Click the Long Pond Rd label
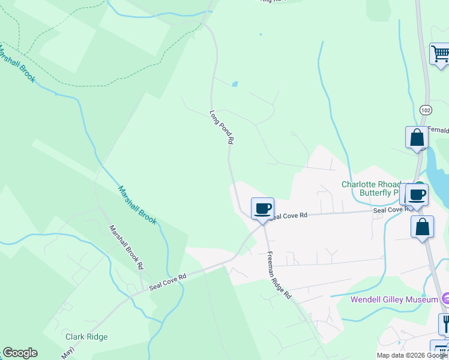coord(221,127)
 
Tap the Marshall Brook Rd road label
coord(126,247)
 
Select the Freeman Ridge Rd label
coord(279,275)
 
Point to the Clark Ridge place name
coord(86,337)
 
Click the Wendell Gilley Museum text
coord(394,299)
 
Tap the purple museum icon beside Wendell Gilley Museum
coord(445,298)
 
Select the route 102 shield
coord(426,110)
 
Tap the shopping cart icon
coord(440,54)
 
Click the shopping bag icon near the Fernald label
coord(417,138)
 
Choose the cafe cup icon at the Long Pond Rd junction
coord(262,208)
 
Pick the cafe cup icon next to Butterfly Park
coord(417,194)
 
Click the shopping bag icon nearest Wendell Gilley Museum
coord(422,227)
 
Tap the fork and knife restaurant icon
coord(445,324)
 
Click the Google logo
coord(20,353)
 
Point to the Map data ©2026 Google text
coord(412,355)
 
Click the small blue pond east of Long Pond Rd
coord(235,84)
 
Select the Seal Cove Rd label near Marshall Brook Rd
coord(168,280)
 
